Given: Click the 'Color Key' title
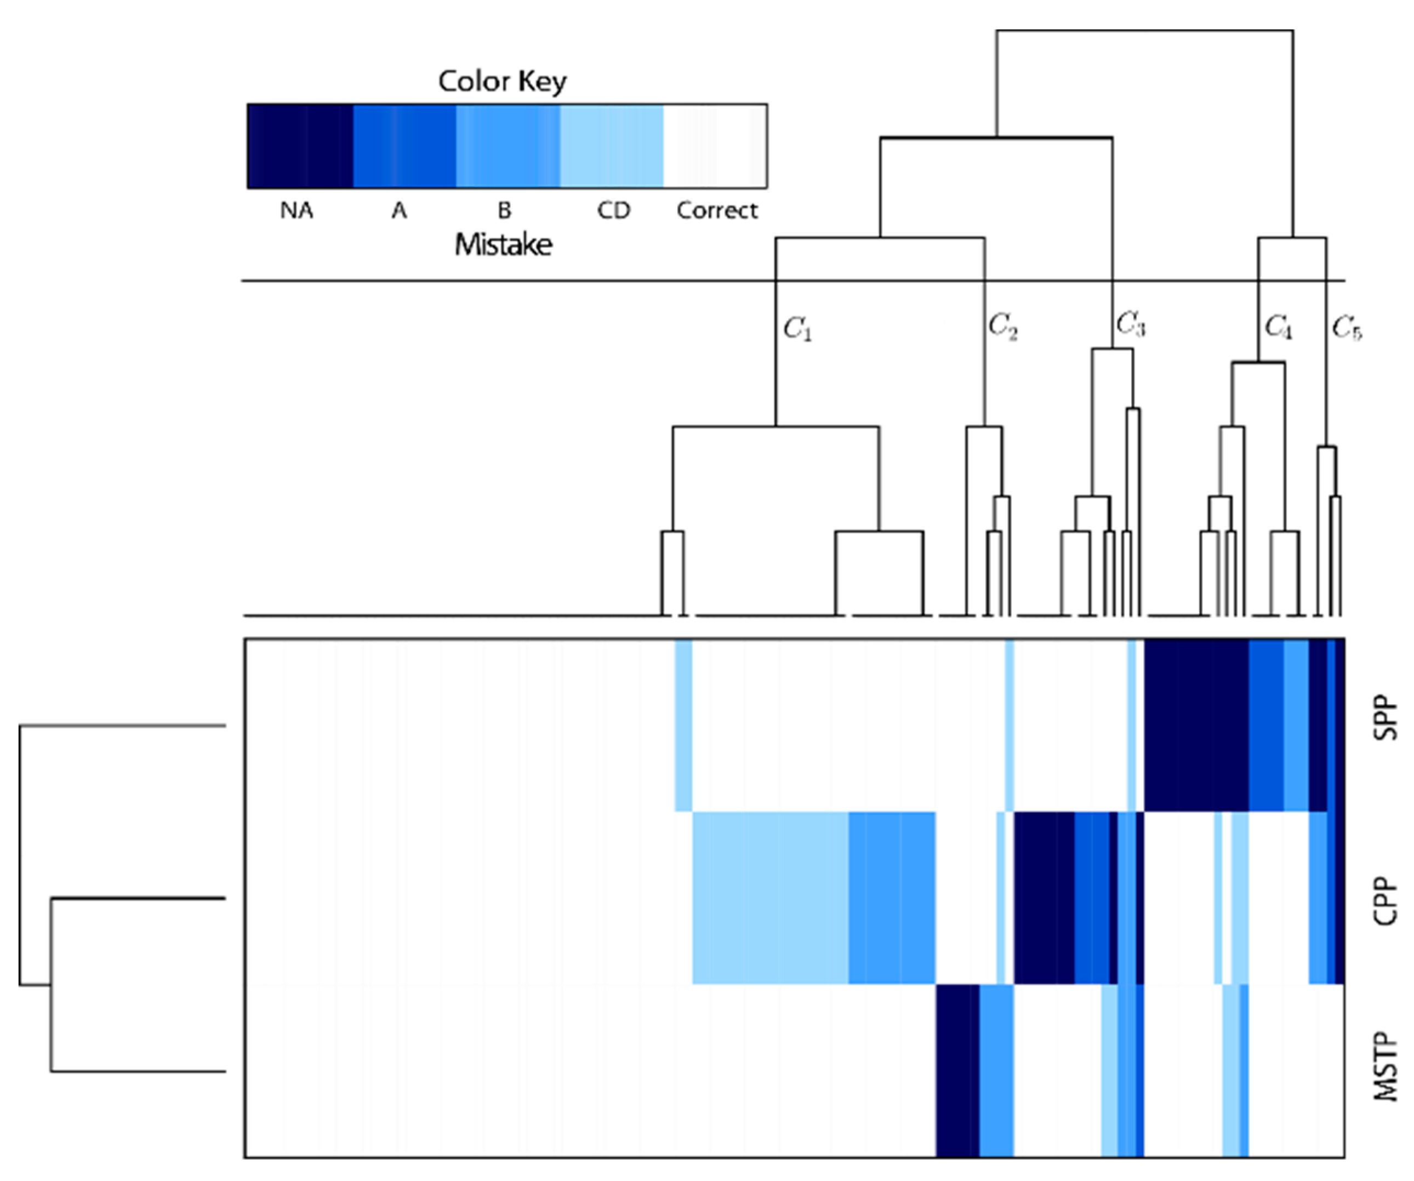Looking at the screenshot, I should pyautogui.click(x=503, y=82).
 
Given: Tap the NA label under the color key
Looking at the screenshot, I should pyautogui.click(x=297, y=211).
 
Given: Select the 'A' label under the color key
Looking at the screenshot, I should pyautogui.click(x=400, y=211).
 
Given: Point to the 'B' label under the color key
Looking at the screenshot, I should pyautogui.click(x=504, y=211).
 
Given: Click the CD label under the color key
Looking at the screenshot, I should pyautogui.click(x=613, y=211).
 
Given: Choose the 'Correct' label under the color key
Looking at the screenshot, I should pyautogui.click(x=717, y=211).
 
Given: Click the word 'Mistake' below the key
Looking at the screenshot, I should pyautogui.click(x=504, y=244).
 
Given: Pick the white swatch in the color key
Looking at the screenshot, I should pyautogui.click(x=715, y=145).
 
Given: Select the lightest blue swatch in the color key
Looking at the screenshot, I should pyautogui.click(x=612, y=145).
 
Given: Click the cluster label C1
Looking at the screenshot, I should pyautogui.click(x=798, y=329).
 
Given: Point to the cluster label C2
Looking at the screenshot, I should pyautogui.click(x=1004, y=327).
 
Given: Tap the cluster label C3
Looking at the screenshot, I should pyautogui.click(x=1131, y=324).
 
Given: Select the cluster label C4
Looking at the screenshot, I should pyautogui.click(x=1278, y=327).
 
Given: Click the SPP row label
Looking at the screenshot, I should pyautogui.click(x=1386, y=718).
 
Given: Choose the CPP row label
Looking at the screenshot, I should pyautogui.click(x=1386, y=901).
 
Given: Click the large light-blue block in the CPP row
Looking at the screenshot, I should pyautogui.click(x=770, y=898).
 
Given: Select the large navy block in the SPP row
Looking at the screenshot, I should pyautogui.click(x=1196, y=724).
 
